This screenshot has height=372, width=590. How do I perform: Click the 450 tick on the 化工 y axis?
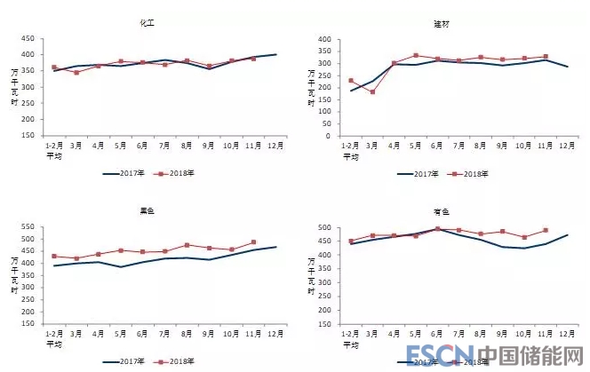(28, 39)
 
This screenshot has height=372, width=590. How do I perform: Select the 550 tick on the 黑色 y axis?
(28, 228)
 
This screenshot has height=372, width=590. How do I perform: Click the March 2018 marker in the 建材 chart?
(372, 91)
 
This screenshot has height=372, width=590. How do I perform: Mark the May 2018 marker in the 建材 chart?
(416, 55)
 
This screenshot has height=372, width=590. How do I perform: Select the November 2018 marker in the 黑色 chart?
(253, 241)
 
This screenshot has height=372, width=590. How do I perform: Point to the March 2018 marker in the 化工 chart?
(76, 73)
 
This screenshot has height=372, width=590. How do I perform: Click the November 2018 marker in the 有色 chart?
(546, 231)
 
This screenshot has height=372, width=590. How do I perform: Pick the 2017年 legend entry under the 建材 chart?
(425, 173)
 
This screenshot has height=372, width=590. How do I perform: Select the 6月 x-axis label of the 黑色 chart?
(142, 334)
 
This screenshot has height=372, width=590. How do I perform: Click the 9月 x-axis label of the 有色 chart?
(502, 334)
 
